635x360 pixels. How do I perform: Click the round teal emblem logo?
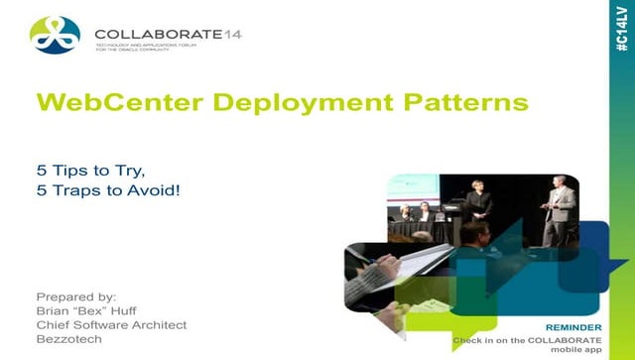pos(55,37)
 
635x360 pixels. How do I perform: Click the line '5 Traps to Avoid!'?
pos(108,189)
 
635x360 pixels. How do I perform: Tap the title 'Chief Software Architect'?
pos(111,325)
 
